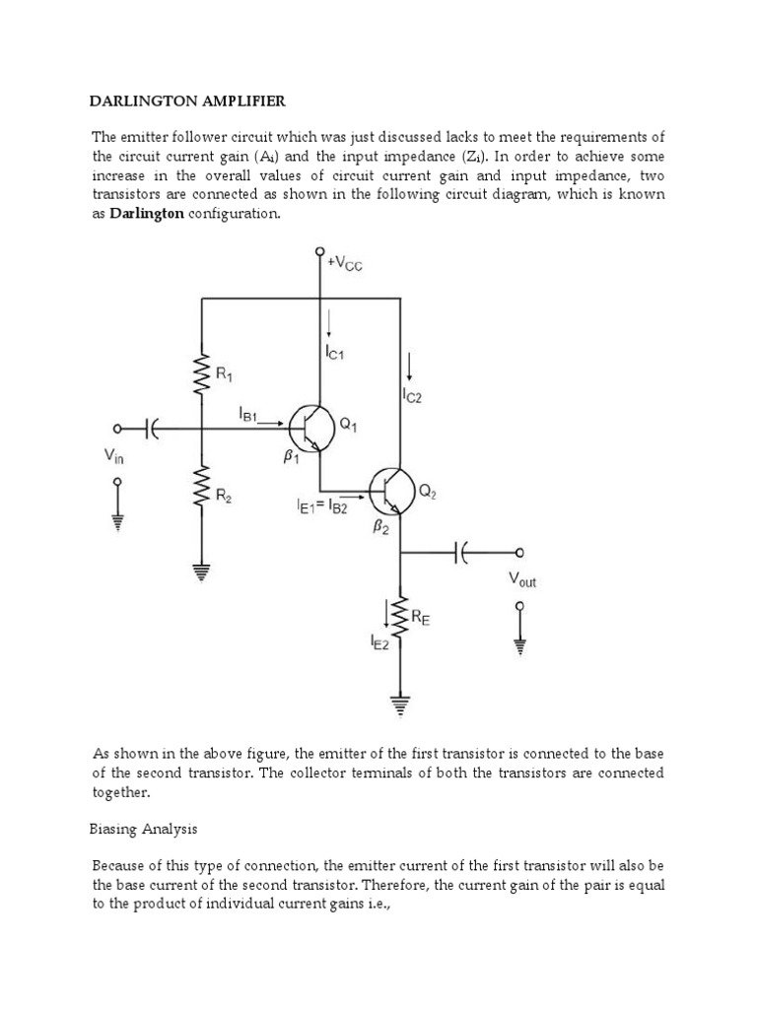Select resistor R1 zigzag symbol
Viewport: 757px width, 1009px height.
tap(202, 374)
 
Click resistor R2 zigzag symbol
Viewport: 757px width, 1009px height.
tap(202, 489)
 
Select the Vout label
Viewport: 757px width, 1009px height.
tap(522, 580)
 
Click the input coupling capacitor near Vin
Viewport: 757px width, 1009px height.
tap(153, 429)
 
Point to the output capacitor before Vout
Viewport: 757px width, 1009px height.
tap(464, 553)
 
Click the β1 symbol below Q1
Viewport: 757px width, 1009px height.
tap(292, 458)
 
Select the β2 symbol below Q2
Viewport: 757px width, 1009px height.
tap(378, 528)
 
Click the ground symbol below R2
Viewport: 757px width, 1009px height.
tap(202, 571)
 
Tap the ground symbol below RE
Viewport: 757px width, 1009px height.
tap(400, 706)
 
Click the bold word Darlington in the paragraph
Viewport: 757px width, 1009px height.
tap(146, 214)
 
